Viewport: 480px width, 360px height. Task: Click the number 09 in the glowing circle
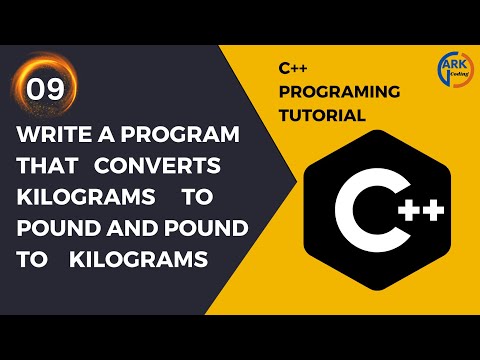point(46,89)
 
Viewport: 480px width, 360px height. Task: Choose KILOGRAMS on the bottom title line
point(139,258)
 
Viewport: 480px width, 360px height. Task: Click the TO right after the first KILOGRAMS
point(210,196)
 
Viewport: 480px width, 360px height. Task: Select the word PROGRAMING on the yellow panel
point(340,92)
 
